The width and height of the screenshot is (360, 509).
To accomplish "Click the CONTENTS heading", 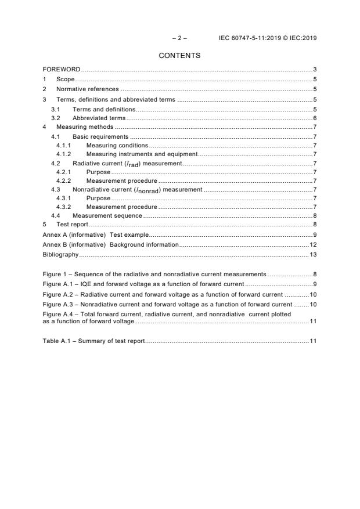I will pos(179,56).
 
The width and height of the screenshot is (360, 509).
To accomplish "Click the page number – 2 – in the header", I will pos(179,38).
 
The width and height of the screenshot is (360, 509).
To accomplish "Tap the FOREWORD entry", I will pos(62,70).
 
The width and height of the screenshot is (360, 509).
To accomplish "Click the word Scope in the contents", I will pos(66,80).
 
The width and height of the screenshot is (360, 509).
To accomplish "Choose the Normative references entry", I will pos(87,89).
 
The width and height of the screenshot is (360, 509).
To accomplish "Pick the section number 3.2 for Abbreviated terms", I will pos(55,118).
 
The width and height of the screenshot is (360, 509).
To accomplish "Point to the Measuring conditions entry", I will pos(117,145).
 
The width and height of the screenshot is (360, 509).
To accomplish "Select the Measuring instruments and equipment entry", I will pos(142,154).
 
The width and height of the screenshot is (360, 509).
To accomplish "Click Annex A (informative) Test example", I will pos(96,235).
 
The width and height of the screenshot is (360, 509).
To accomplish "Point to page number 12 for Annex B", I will pos(312,245).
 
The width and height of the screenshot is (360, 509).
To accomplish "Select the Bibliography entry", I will pos(60,255).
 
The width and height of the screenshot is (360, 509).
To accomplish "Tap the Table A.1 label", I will pos(57,340).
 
